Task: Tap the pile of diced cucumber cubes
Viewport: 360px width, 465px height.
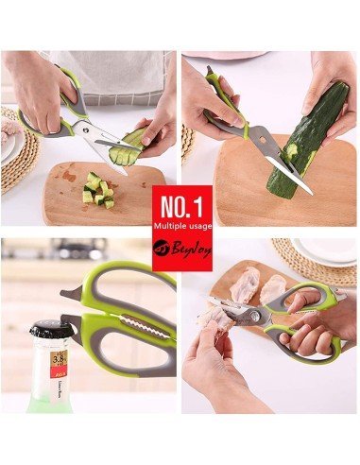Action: point(97,188)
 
